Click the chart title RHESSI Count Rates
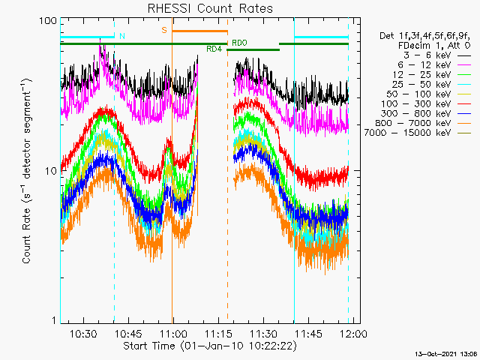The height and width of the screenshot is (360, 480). [210, 8]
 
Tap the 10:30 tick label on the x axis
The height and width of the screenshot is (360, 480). [83, 333]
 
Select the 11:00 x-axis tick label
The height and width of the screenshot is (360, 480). [173, 333]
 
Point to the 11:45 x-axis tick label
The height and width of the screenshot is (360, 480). [309, 333]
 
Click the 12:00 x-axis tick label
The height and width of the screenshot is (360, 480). [354, 333]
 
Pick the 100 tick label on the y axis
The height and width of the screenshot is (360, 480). [48, 21]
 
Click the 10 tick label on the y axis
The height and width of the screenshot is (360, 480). [51, 171]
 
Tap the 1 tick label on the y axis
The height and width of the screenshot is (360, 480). [55, 320]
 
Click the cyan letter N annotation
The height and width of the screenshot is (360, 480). [122, 36]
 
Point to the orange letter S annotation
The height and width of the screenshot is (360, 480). [164, 30]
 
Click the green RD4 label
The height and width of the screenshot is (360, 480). [214, 49]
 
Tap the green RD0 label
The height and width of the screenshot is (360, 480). [239, 43]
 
